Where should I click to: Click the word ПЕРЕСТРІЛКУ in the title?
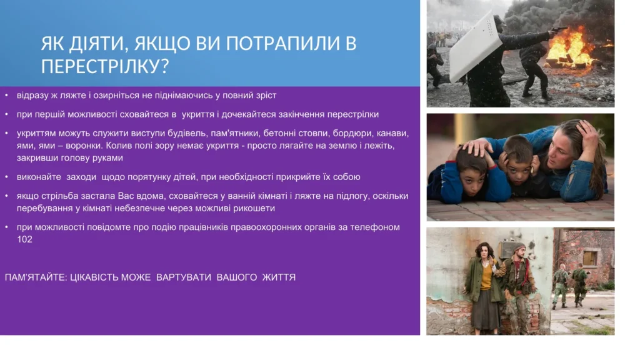pyautogui.click(x=101, y=66)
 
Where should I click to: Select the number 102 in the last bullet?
pyautogui.click(x=24, y=239)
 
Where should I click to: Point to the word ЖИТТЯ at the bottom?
pyautogui.click(x=279, y=277)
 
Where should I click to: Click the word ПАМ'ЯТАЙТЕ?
pyautogui.click(x=36, y=277)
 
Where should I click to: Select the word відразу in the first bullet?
pyautogui.click(x=32, y=96)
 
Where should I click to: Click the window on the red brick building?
pyautogui.click(x=590, y=258)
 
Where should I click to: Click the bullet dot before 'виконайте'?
pyautogui.click(x=6, y=177)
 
